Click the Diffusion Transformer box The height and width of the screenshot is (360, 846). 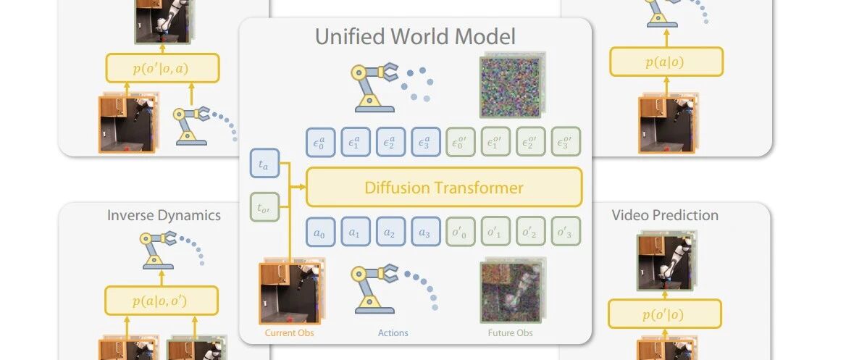click(444, 188)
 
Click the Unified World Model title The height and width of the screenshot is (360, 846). click(416, 36)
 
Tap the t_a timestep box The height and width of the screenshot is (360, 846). click(264, 165)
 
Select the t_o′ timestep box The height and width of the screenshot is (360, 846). click(264, 209)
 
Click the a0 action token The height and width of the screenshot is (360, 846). click(320, 232)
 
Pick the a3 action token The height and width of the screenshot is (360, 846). click(425, 232)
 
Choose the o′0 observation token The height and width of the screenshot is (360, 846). click(461, 232)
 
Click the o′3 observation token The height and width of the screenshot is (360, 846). click(566, 232)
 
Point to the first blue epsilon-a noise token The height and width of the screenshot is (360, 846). click(320, 142)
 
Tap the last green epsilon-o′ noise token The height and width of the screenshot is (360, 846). click(566, 142)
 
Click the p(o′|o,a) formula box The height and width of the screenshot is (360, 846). click(162, 67)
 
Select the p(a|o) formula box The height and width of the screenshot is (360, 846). click(666, 62)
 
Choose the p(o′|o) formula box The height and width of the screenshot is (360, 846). click(664, 314)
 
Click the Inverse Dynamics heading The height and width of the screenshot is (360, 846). click(164, 215)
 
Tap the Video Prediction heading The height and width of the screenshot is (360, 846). click(665, 215)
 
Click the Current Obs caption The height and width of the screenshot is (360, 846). click(290, 332)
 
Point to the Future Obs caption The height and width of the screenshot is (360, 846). click(511, 332)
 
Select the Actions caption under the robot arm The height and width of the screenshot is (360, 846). click(393, 332)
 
